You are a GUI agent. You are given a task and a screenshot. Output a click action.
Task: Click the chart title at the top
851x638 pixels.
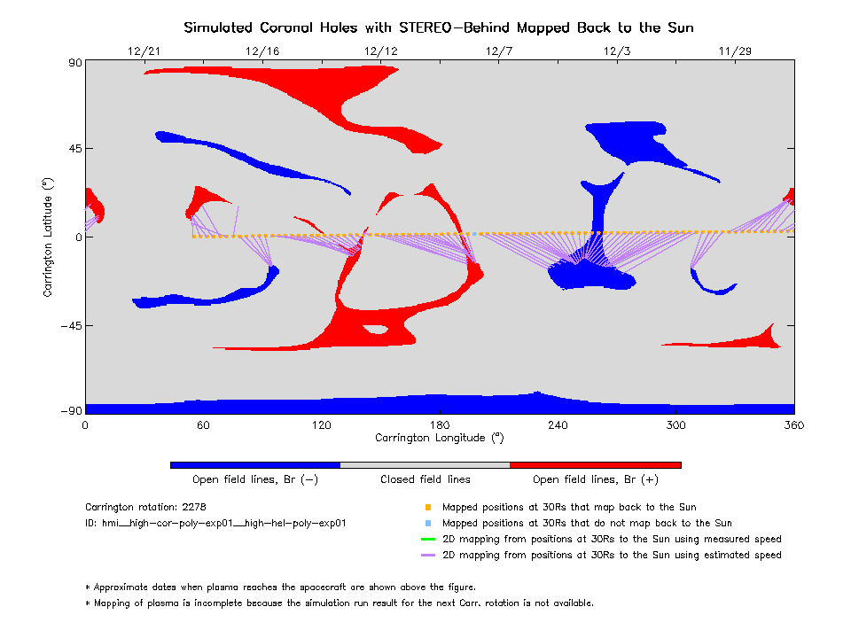pyautogui.click(x=438, y=27)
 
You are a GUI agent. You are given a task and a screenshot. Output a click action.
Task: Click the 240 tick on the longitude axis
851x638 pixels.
pyautogui.click(x=558, y=425)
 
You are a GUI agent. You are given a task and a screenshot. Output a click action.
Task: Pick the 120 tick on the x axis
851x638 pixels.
pyautogui.click(x=321, y=425)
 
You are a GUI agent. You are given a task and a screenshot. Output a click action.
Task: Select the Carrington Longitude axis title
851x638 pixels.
pyautogui.click(x=439, y=438)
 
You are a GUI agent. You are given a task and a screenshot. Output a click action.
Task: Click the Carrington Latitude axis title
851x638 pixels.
pyautogui.click(x=49, y=237)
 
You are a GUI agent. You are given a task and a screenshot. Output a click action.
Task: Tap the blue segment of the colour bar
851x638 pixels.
pyautogui.click(x=255, y=464)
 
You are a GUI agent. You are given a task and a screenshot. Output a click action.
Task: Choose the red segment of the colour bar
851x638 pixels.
pyautogui.click(x=596, y=464)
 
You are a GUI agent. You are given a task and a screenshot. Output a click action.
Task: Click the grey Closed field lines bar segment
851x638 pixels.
pyautogui.click(x=425, y=464)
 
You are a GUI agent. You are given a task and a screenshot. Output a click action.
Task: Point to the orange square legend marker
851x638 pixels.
pyautogui.click(x=427, y=508)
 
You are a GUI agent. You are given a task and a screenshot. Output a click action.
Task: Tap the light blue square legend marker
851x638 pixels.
pyautogui.click(x=427, y=524)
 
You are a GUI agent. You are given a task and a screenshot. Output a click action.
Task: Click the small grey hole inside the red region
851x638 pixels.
pyautogui.click(x=376, y=330)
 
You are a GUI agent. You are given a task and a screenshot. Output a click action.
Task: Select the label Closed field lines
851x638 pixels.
pyautogui.click(x=425, y=479)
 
